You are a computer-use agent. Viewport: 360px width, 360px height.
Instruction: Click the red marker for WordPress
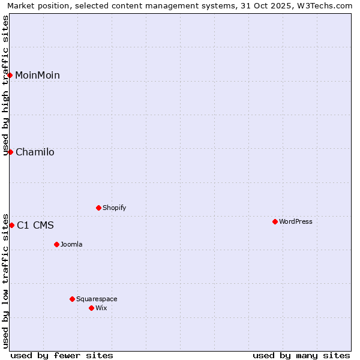[x=275, y=221]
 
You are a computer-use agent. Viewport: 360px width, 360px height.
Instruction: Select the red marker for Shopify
[x=98, y=208]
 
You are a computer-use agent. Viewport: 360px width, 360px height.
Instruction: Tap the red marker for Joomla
[x=56, y=244]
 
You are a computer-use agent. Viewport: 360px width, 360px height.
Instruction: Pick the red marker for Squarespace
[x=72, y=299]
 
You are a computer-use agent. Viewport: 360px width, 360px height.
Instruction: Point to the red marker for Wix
[x=91, y=308]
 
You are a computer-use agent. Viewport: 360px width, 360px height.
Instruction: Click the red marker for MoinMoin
[x=10, y=75]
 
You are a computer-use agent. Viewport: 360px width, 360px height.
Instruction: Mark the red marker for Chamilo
[x=10, y=152]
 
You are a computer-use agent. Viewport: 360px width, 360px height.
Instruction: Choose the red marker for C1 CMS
[x=11, y=225]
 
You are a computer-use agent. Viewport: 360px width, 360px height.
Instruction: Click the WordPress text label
[x=296, y=221]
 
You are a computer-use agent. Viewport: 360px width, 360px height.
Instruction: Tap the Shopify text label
[x=115, y=208]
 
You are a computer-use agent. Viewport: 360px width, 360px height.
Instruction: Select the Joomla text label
[x=71, y=244]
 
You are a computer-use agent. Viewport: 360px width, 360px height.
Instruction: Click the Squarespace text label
[x=97, y=299]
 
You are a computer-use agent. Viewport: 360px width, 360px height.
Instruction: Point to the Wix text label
[x=101, y=308]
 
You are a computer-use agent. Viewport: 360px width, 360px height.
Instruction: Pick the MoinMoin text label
[x=37, y=75]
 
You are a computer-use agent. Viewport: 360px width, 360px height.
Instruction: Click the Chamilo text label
[x=35, y=152]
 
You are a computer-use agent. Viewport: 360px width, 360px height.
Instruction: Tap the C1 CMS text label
[x=35, y=225]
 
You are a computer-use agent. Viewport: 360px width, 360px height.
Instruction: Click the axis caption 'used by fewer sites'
[x=62, y=355]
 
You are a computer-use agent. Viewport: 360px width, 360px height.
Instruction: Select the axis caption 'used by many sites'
[x=301, y=355]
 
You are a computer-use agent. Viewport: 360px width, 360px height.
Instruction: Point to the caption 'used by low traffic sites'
[x=6, y=280]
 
